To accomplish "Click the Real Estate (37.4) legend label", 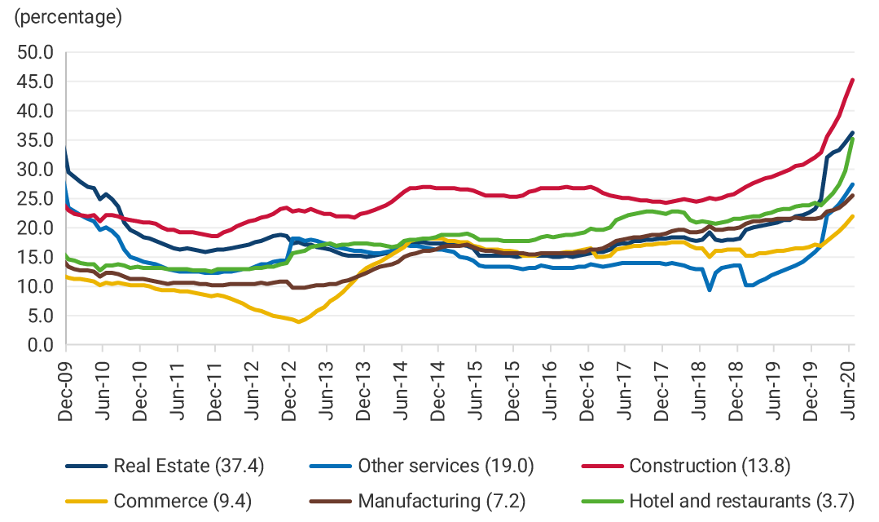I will (189, 466).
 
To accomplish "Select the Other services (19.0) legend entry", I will (445, 466).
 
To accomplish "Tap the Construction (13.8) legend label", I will (710, 466).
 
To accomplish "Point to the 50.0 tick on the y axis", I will (36, 52).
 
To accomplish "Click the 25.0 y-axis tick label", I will (36, 199).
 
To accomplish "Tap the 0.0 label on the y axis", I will (40, 345).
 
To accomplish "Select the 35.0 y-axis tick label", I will (36, 140).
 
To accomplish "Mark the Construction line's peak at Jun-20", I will (851, 80).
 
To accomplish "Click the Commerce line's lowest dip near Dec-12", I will (299, 321).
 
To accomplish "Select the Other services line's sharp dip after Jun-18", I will (710, 290).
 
